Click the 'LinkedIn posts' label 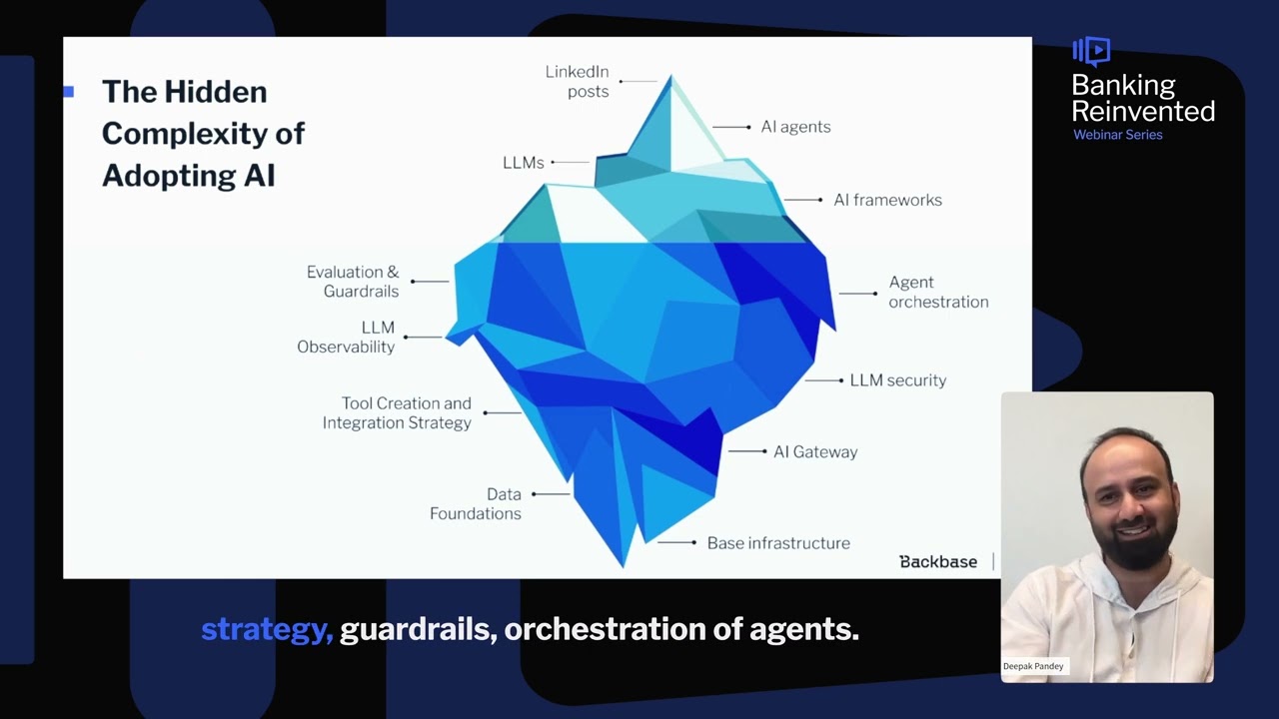577,82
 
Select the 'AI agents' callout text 795,127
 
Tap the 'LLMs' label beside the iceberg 523,163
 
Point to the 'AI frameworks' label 887,200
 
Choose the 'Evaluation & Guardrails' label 353,282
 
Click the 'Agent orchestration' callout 938,292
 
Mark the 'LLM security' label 897,380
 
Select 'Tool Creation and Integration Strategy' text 397,412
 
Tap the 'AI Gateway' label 814,451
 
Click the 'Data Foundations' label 476,503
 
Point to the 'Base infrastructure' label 778,543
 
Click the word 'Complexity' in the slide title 203,134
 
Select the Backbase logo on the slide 938,562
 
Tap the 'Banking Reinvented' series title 1143,98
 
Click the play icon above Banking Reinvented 1092,50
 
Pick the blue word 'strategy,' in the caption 267,630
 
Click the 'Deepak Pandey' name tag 1034,666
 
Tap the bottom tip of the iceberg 624,565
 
